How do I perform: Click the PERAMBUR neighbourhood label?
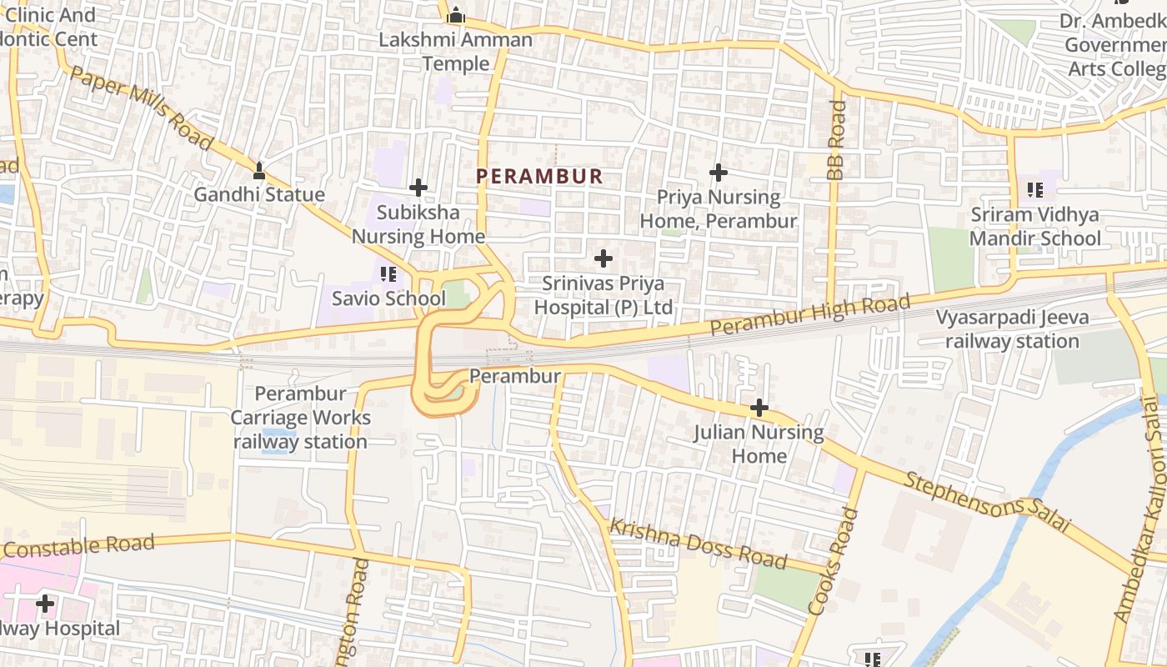(538, 176)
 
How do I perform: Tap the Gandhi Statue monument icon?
(258, 171)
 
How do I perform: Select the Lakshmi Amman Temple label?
(455, 51)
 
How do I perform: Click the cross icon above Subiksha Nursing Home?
(418, 188)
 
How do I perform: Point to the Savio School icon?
(388, 273)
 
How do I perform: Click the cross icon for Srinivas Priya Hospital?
(603, 258)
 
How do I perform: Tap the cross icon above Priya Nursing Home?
(718, 173)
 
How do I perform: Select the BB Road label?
(836, 140)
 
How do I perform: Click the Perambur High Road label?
(809, 316)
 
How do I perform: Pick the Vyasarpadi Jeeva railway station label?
(1012, 329)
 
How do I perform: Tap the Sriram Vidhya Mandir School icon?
(1035, 190)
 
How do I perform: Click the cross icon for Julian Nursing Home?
(759, 408)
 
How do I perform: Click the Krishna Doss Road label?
(698, 544)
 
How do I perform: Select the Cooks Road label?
(834, 562)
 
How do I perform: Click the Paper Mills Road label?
(142, 108)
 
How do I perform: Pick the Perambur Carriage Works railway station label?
(300, 417)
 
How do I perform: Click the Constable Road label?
(79, 548)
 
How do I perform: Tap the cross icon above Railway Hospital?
(45, 603)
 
